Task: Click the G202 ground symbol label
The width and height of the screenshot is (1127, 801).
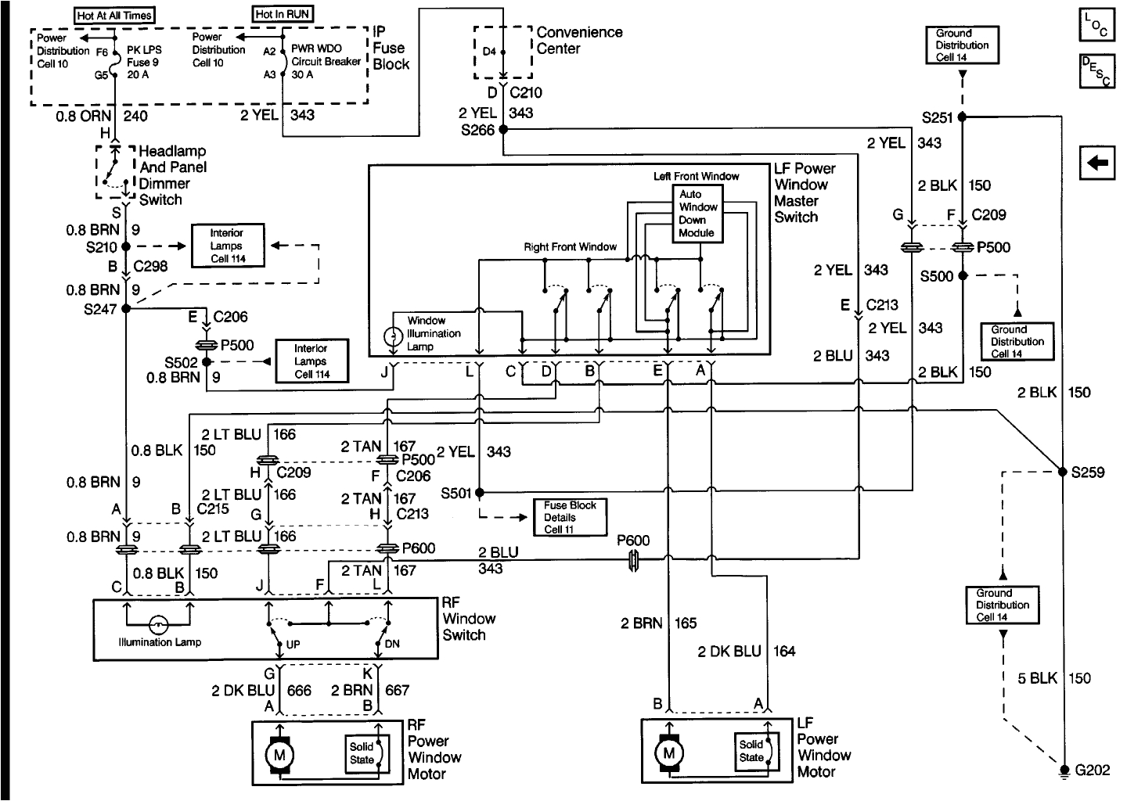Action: pyautogui.click(x=1092, y=770)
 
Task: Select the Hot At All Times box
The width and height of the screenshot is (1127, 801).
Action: pyautogui.click(x=114, y=15)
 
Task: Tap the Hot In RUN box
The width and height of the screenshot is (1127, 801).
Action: pyautogui.click(x=283, y=14)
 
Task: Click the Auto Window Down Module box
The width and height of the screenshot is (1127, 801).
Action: pyautogui.click(x=697, y=214)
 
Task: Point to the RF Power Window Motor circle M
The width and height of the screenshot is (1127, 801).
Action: pyautogui.click(x=278, y=755)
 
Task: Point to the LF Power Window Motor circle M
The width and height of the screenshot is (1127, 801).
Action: pyautogui.click(x=668, y=753)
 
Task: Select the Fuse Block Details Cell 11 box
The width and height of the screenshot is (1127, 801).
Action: pyautogui.click(x=569, y=517)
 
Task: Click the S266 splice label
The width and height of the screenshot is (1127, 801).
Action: pyautogui.click(x=477, y=130)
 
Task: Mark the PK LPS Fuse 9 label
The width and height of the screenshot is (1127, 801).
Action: pyautogui.click(x=142, y=62)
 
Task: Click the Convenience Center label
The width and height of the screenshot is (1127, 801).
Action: pyautogui.click(x=579, y=41)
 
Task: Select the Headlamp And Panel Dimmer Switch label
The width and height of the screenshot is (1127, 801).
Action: pyautogui.click(x=172, y=175)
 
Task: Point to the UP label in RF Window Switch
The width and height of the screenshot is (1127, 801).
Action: pyautogui.click(x=293, y=645)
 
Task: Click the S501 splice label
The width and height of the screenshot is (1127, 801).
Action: pyautogui.click(x=456, y=493)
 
